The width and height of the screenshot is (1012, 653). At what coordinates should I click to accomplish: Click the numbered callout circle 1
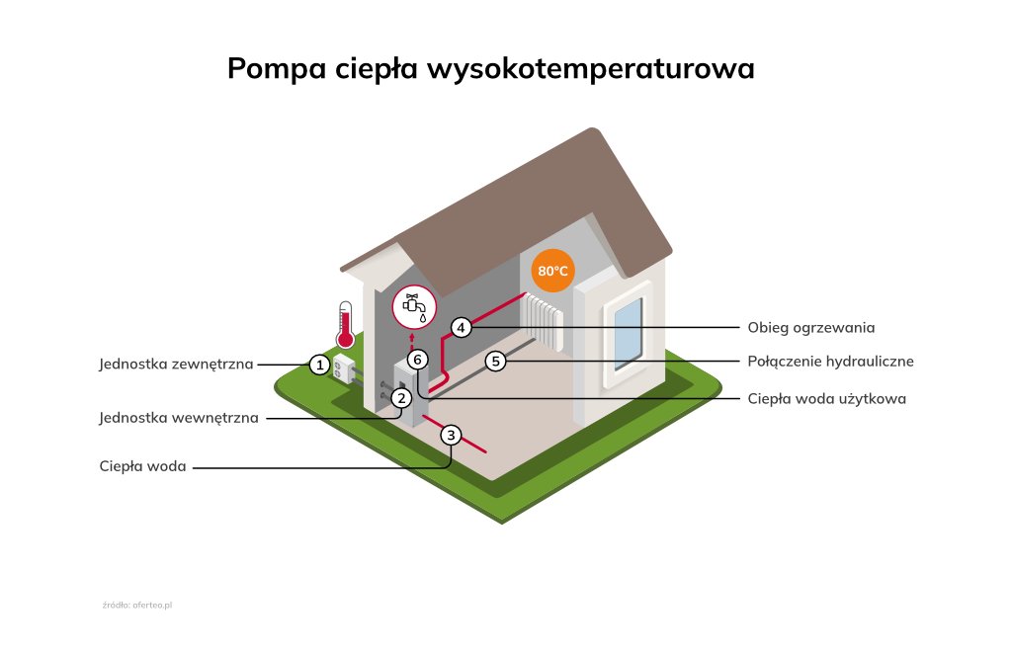coord(318,365)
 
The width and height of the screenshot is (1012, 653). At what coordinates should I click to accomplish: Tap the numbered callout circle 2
coord(401,398)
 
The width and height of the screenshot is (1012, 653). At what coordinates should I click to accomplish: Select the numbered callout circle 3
coord(452,435)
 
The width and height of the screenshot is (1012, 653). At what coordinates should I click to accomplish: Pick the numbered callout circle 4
coord(461,327)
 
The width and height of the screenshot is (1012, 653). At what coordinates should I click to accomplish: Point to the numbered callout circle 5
coord(496,362)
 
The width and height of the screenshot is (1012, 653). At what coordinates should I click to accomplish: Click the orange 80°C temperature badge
coord(552,271)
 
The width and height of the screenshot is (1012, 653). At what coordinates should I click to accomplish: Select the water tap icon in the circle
coord(413,306)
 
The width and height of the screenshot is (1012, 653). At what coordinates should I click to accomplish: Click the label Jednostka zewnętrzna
coord(176,364)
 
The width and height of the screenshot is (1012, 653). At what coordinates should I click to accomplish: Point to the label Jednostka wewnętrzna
coord(179,418)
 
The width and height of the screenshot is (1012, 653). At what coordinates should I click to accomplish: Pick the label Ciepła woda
coord(142,466)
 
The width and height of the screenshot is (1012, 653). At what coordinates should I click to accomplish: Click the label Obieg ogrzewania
coord(811,327)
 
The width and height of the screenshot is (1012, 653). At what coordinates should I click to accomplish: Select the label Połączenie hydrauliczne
coord(830,362)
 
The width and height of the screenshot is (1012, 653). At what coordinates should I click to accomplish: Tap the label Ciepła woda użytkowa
coord(826,399)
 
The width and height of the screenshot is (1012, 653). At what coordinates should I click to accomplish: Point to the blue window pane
coord(627,331)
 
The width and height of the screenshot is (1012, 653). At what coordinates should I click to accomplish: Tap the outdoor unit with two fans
coord(345,370)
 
